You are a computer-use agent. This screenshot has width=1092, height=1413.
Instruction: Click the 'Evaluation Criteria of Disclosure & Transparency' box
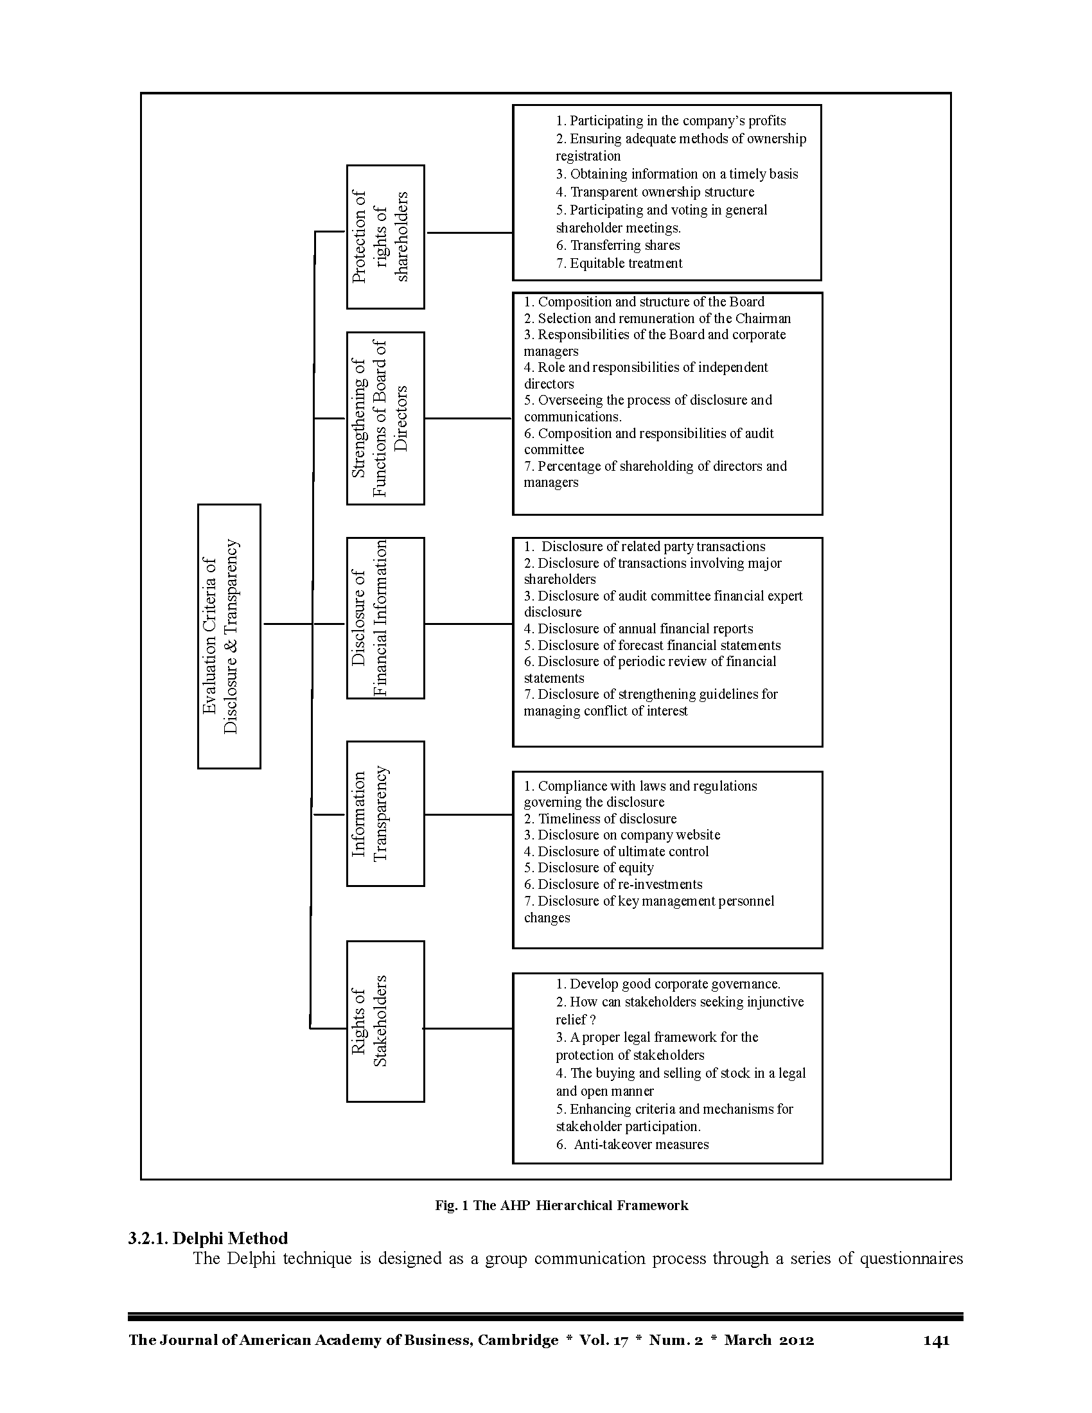(x=229, y=636)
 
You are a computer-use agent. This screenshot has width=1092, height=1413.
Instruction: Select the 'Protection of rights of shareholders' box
(x=385, y=237)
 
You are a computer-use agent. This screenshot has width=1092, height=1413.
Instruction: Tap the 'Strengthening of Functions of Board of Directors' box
(x=385, y=418)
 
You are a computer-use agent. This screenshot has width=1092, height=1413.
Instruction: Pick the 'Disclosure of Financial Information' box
(x=385, y=618)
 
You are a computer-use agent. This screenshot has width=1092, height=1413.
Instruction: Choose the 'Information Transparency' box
(x=385, y=813)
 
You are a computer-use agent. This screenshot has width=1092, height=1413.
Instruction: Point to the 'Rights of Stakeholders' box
(x=385, y=1021)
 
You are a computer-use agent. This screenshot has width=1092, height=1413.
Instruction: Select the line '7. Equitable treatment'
(x=619, y=263)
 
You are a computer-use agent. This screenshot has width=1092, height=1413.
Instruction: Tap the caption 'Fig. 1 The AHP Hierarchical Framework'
(x=561, y=1206)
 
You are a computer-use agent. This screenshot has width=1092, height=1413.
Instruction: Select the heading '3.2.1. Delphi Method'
(x=207, y=1238)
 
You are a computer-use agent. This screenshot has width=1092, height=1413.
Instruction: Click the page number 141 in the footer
(x=936, y=1340)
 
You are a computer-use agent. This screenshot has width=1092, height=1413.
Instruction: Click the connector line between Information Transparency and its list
(x=469, y=814)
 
